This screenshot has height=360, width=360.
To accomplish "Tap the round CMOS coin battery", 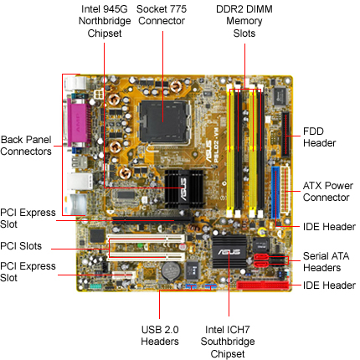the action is tap(171, 271).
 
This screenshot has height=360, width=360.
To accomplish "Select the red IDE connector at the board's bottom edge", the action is tap(262, 285).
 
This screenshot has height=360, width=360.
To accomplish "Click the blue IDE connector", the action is tap(275, 193).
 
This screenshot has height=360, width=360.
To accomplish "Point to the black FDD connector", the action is tap(285, 135).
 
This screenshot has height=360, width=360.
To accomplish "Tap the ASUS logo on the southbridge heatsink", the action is tap(229, 252).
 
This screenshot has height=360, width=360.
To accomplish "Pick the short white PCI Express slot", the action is tap(124, 275).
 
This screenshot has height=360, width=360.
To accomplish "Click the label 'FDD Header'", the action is tap(319, 137).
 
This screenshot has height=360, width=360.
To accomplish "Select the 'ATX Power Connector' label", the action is tap(328, 192).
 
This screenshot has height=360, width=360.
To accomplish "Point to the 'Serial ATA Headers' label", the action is tap(326, 262).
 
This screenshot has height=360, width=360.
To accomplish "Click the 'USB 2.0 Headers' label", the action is tap(160, 336).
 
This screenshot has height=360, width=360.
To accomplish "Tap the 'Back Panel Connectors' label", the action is tap(26, 146).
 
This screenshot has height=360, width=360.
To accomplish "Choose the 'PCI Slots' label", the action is tap(21, 246).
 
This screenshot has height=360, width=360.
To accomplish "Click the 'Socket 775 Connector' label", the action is tap(162, 15).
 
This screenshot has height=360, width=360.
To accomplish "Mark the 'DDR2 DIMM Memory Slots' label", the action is tap(244, 21).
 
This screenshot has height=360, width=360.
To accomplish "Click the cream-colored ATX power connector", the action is tap(285, 190).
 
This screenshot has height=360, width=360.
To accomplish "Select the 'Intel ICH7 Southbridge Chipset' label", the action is tap(228, 342).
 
